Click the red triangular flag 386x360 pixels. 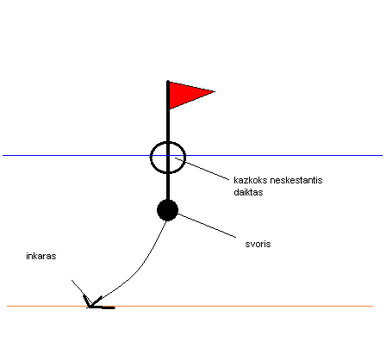(x=187, y=94)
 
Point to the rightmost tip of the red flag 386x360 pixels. (x=215, y=91)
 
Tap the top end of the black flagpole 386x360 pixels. (x=168, y=81)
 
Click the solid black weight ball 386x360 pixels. (x=168, y=210)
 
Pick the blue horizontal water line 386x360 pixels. (x=192, y=155)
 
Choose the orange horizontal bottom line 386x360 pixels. (x=190, y=306)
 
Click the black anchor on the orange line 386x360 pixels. (x=95, y=304)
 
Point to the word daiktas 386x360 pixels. (x=248, y=192)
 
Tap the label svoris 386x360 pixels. (x=258, y=244)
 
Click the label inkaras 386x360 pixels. (x=41, y=256)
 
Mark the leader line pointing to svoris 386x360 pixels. (x=207, y=226)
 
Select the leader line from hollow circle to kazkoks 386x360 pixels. (x=202, y=169)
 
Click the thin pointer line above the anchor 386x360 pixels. (x=82, y=291)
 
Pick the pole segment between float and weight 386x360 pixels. (x=168, y=187)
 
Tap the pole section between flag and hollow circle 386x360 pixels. (x=168, y=125)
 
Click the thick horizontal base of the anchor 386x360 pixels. (x=102, y=307)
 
